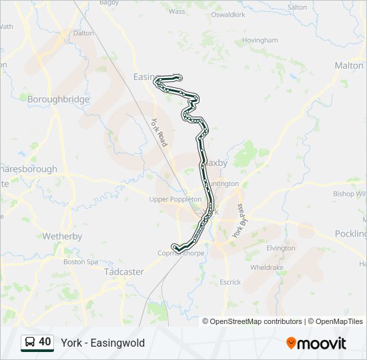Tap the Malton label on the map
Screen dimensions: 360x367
tap(348, 65)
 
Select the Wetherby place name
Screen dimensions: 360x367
tap(62, 236)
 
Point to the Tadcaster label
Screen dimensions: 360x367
tap(124, 272)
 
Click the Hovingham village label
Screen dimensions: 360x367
tap(260, 40)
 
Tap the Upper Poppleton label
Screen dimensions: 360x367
tap(175, 199)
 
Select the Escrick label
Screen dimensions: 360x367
tap(230, 282)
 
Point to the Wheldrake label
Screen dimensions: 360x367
tap(267, 267)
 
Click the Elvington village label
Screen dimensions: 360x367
tap(280, 248)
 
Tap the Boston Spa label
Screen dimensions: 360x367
tap(81, 262)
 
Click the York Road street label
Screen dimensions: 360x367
tap(159, 133)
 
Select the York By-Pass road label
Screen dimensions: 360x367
tap(239, 222)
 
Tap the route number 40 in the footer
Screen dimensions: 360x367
tap(45, 342)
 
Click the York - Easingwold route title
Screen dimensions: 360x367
tap(103, 343)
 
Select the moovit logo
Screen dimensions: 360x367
tap(316, 343)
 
